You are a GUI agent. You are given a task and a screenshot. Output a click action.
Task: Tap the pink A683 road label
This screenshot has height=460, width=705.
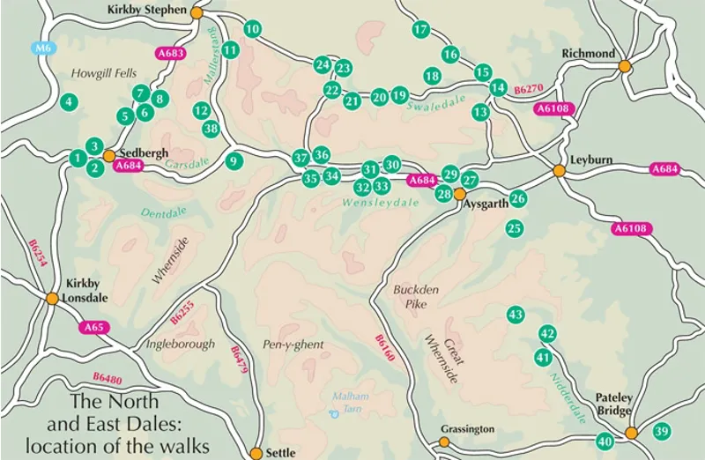point(171,54)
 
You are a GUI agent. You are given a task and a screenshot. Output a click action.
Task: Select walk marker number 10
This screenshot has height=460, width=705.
point(253,29)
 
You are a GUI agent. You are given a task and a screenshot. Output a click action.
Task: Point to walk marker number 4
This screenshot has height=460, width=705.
point(67,102)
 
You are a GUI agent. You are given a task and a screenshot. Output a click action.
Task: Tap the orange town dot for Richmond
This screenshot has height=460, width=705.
point(625,66)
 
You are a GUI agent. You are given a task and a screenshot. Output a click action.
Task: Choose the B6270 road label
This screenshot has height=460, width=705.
point(529,89)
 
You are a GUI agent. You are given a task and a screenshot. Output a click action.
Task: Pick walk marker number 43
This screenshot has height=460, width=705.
point(516,315)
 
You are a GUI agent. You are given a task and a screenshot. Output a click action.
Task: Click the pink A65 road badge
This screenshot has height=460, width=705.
point(93,328)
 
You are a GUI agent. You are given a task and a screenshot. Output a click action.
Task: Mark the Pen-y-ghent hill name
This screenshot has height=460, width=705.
point(293,344)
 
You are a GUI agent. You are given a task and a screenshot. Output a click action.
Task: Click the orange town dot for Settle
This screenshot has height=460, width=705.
point(256,453)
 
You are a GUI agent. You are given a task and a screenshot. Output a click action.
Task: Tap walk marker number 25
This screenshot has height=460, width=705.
point(515,228)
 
